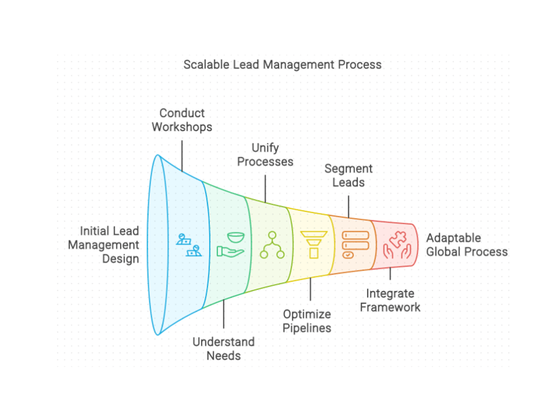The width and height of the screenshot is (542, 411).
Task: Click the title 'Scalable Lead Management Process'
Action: click(x=283, y=65)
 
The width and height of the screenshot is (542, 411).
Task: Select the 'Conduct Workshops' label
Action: click(x=182, y=120)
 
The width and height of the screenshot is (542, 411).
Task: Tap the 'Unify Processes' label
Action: click(x=265, y=154)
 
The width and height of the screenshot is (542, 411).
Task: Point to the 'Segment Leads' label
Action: click(x=348, y=175)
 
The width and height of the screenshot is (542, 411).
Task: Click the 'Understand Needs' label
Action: click(x=224, y=348)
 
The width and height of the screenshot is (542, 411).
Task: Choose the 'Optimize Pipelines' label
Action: click(x=308, y=321)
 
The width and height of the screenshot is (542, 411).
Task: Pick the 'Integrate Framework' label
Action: click(x=390, y=300)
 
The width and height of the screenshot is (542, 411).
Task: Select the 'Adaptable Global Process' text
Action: click(x=466, y=244)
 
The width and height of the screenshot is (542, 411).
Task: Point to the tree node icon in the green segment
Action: click(x=273, y=244)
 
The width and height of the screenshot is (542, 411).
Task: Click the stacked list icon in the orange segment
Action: click(x=350, y=244)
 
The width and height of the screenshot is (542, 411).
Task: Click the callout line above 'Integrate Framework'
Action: click(x=390, y=274)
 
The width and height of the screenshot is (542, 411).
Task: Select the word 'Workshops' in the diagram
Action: click(x=182, y=127)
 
